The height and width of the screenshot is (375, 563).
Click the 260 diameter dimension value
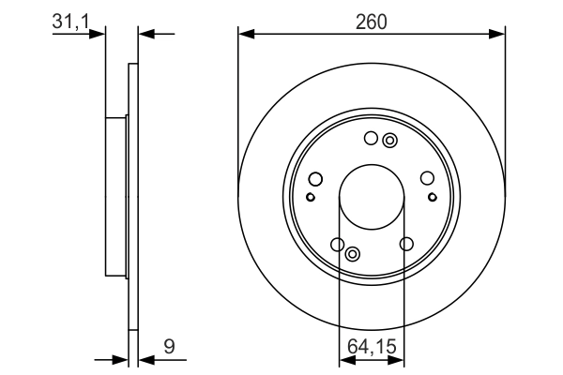(x=372, y=22)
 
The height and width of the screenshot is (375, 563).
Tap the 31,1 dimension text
(x=70, y=22)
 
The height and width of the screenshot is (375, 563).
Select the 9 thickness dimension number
(x=169, y=346)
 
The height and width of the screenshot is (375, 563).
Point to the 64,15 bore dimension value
(x=372, y=346)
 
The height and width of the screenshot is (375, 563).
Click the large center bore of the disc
(x=372, y=197)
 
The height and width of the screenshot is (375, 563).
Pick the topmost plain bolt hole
(x=371, y=138)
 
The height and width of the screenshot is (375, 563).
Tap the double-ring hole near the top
(x=389, y=141)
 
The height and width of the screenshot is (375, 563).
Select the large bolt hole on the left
(x=315, y=179)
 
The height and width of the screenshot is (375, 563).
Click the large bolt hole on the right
(x=427, y=178)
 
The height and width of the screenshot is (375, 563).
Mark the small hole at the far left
(x=311, y=197)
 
